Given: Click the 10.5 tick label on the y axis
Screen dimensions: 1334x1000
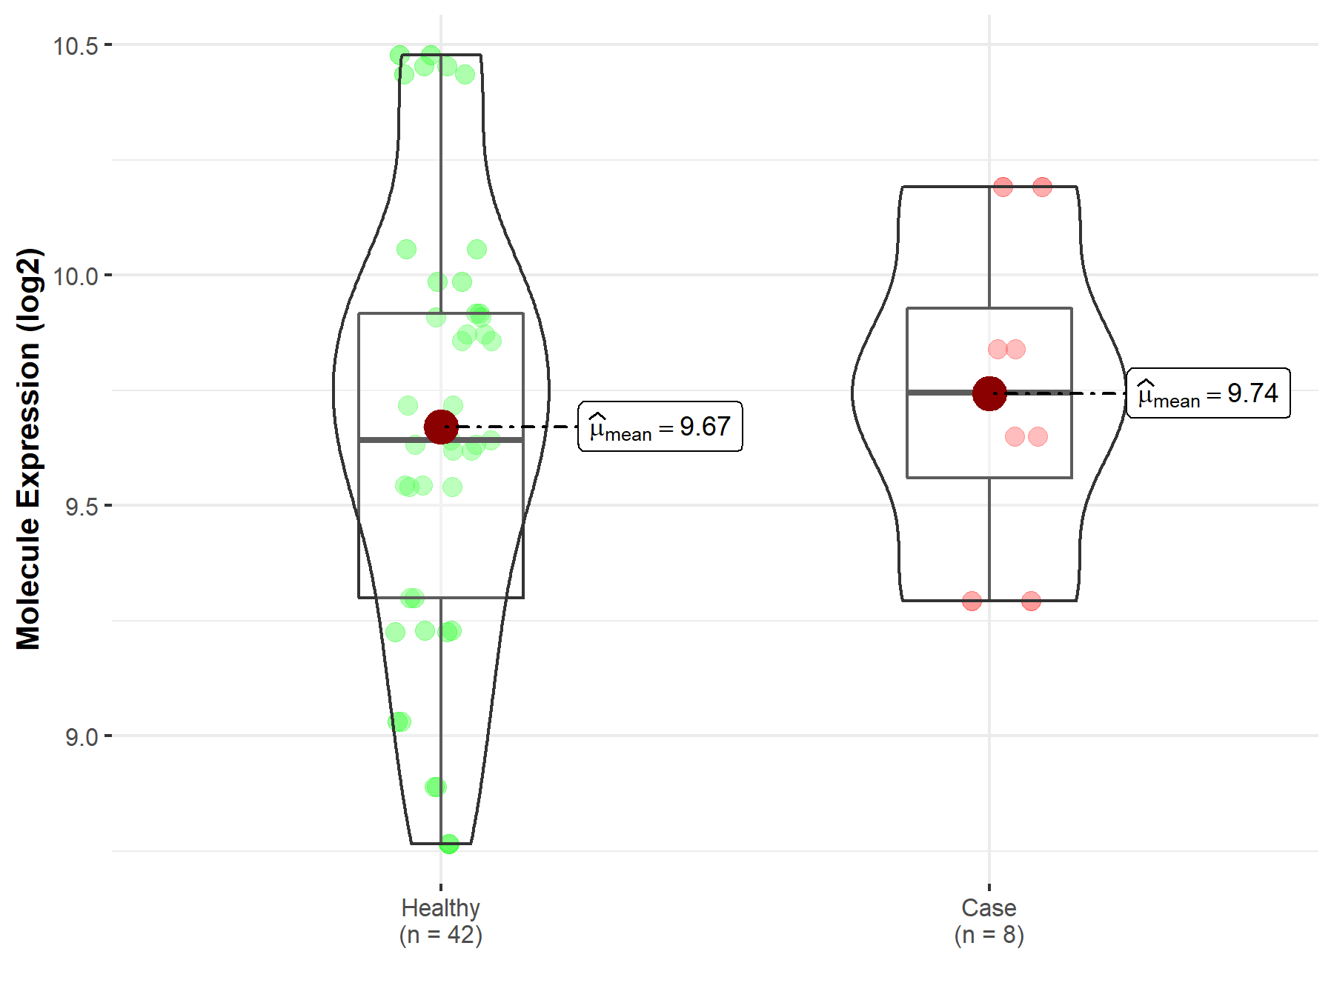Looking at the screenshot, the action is pos(76,46).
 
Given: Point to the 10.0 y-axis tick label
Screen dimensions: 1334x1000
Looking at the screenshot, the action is pos(76,276).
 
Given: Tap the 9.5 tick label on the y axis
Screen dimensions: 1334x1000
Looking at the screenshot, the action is pos(82,507).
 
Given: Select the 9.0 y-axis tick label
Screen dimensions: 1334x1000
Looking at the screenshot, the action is pos(82,737).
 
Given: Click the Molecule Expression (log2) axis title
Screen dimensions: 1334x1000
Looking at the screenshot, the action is pos(28,449).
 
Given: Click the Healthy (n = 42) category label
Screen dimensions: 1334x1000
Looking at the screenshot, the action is pos(441,921).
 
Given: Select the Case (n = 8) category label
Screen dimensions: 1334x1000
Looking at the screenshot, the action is pos(989,921).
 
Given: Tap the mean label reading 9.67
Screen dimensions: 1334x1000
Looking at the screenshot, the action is pos(660,427).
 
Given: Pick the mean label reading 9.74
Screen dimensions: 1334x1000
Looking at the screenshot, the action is pos(1208,393).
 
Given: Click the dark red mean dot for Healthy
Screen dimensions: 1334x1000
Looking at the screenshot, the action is pos(441,427).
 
